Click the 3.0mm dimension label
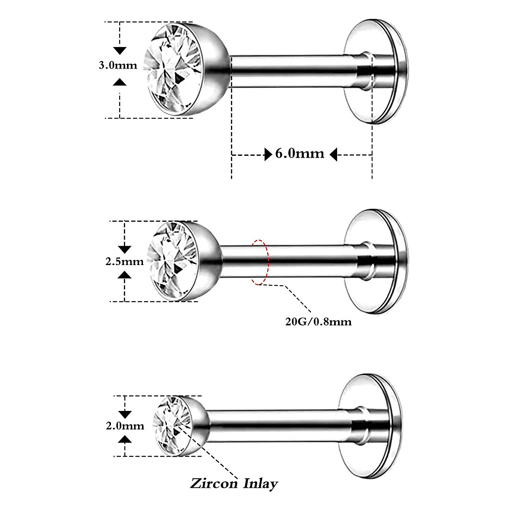click(x=118, y=66)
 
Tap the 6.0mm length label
click(x=300, y=154)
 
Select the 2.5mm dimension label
click(x=124, y=262)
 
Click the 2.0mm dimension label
click(x=125, y=426)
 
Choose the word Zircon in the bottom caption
click(x=213, y=483)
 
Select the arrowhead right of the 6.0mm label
click(x=333, y=154)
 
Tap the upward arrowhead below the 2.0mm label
click(x=125, y=439)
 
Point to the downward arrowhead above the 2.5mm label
click(x=125, y=249)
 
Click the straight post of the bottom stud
click(x=281, y=425)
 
